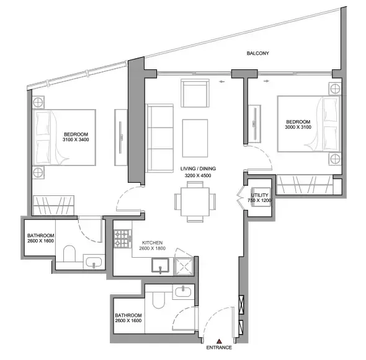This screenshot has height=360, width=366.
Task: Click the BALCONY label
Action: point(257,54)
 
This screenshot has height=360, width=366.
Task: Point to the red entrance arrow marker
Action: point(218,340)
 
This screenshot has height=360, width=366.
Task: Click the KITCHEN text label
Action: point(153,242)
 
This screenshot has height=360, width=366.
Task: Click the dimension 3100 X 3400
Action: point(76,141)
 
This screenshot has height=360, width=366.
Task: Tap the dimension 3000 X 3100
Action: point(298,128)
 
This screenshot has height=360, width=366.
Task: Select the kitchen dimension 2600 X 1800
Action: point(153,248)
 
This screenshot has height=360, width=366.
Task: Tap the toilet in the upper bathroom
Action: point(69,254)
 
